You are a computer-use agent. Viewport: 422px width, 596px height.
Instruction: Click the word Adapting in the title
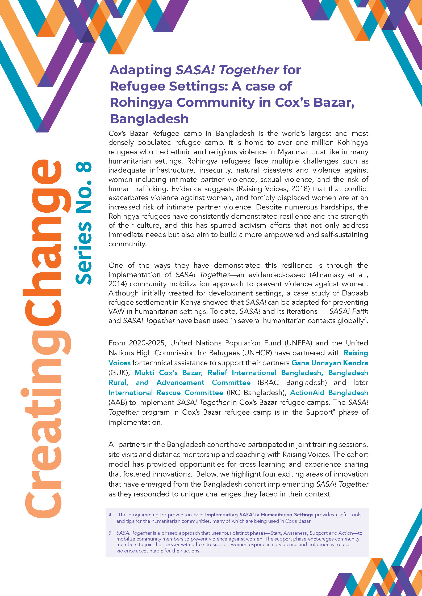point(141,70)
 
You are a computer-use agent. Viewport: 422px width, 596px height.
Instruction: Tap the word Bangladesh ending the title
point(149,119)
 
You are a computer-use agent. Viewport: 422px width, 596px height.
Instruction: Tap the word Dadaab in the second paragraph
point(355,293)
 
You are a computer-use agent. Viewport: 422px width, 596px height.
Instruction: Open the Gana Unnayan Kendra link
point(330,363)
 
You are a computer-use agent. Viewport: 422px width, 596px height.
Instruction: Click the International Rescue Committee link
point(166,392)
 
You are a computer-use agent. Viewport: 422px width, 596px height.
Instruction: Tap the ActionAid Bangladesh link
point(329,392)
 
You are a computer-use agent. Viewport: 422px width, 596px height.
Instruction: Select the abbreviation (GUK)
point(119,373)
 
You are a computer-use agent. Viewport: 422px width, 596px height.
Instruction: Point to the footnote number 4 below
point(110,515)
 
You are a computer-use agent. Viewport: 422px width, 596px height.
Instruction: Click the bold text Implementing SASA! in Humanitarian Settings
point(259,515)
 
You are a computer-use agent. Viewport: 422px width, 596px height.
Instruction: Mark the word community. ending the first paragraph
point(127,244)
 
